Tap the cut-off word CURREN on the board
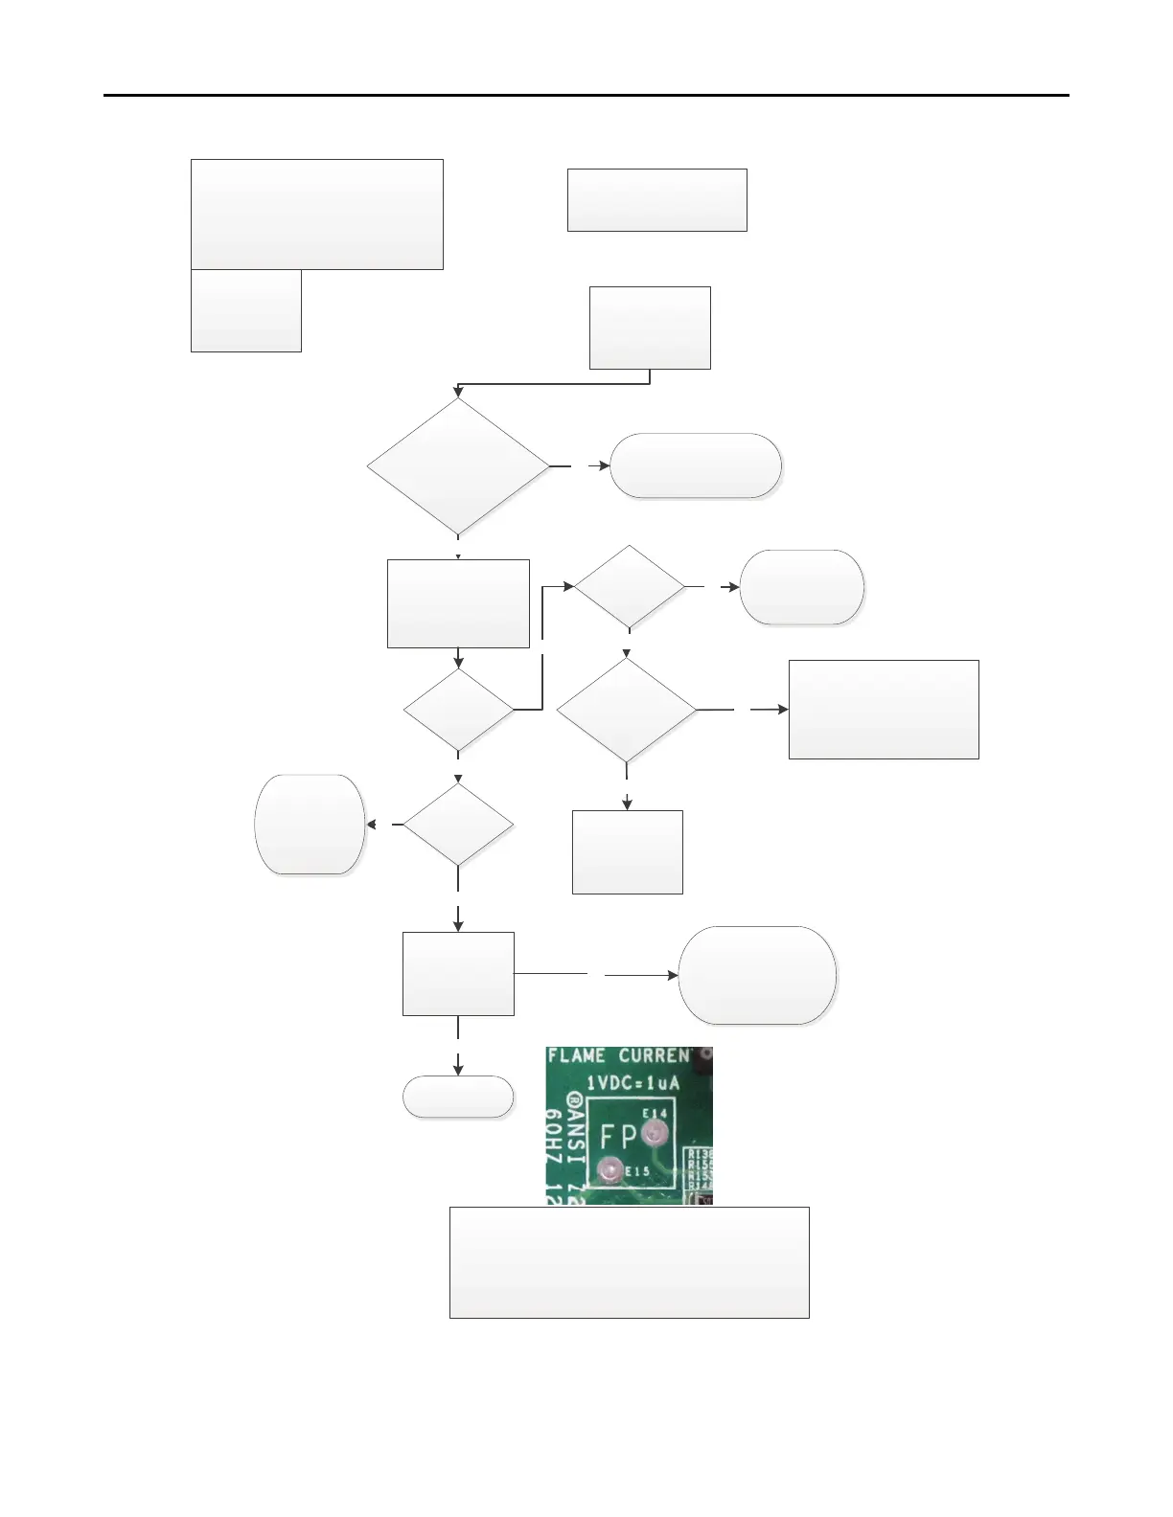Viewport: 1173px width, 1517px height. [654, 1056]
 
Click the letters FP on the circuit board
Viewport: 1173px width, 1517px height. [618, 1138]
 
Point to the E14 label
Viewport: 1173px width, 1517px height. [655, 1114]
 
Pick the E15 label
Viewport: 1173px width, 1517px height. [638, 1170]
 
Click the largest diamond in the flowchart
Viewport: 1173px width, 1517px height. [458, 466]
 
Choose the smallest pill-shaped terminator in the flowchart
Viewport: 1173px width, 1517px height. [458, 1097]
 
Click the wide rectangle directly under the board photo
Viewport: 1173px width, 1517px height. [629, 1262]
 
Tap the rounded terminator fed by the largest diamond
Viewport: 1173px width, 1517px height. [696, 466]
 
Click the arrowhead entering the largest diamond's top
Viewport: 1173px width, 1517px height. [458, 392]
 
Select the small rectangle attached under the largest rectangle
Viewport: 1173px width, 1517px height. [246, 310]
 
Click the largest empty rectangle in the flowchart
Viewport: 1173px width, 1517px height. [317, 215]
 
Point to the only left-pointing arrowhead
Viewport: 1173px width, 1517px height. [371, 825]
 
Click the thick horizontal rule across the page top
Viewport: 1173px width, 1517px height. [586, 95]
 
